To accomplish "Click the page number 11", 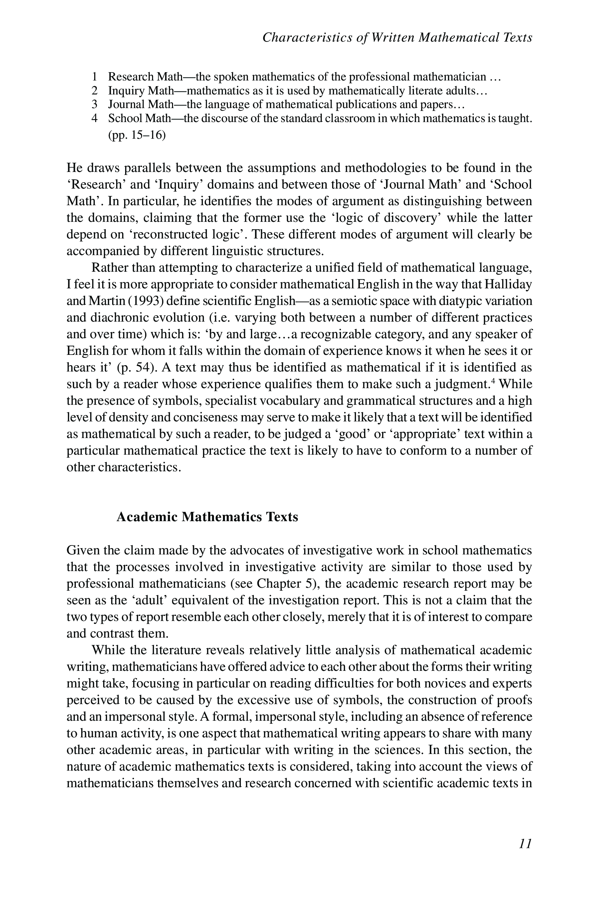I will pos(525,843).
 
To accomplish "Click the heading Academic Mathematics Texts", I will pos(207,517).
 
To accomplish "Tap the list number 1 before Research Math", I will pos(95,77).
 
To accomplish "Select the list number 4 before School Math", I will pos(95,118).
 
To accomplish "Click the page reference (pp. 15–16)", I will pos(137,135).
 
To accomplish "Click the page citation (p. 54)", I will pos(137,367).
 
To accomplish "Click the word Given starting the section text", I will pos(83,550).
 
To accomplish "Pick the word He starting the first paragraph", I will pos(75,168).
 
